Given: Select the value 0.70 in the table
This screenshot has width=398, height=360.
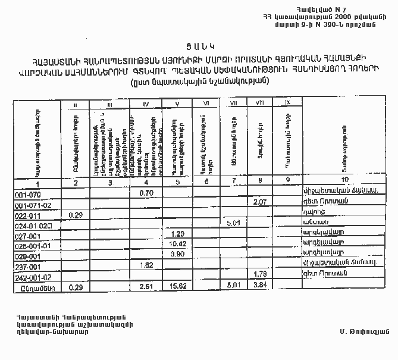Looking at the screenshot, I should click(x=147, y=193).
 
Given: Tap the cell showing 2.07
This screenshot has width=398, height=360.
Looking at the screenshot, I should click(x=258, y=203).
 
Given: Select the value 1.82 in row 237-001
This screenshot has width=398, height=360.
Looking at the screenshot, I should click(x=147, y=265).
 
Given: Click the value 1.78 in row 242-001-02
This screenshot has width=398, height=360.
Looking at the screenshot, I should click(x=259, y=274).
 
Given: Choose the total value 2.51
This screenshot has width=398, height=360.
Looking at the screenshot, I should click(x=147, y=286).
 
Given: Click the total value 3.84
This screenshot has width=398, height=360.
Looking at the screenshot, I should click(x=259, y=286).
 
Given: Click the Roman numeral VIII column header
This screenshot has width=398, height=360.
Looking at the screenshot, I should click(x=259, y=104).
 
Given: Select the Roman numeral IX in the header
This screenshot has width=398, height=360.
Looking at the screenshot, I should click(x=288, y=104).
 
